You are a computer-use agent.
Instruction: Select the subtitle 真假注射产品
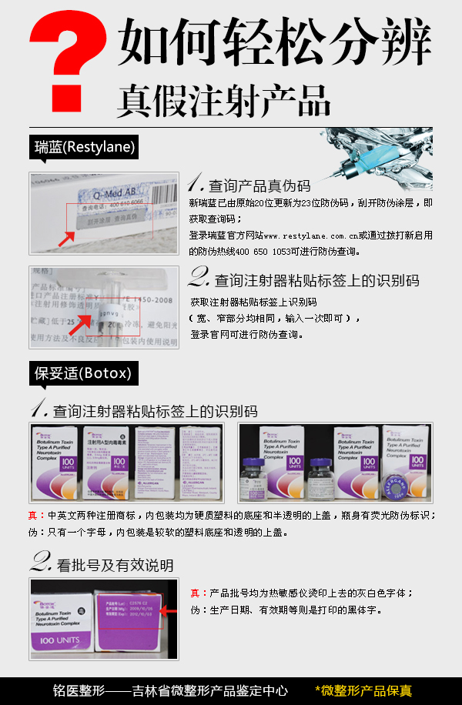[223, 99]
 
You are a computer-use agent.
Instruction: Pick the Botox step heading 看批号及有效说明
[115, 565]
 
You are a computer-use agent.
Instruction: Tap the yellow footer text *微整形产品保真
[363, 690]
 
